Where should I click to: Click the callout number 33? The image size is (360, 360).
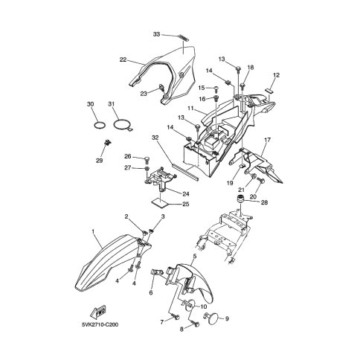(156, 34)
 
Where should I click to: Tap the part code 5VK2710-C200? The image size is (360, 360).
(100, 324)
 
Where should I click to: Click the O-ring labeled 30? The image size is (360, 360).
(100, 125)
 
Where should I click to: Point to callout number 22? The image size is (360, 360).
(123, 60)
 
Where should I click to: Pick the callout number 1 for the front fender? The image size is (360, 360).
(93, 231)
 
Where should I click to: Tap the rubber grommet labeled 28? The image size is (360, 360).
(240, 199)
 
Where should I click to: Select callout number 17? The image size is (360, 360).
(267, 140)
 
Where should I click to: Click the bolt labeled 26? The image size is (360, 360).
(147, 159)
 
